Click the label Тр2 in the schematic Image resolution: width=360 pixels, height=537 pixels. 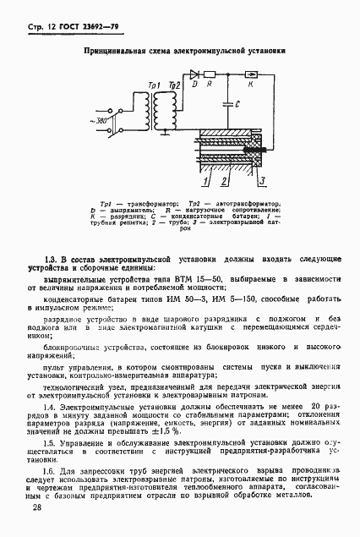coord(175,86)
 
